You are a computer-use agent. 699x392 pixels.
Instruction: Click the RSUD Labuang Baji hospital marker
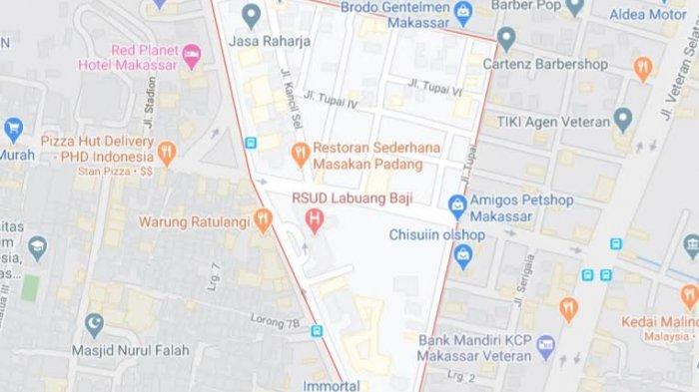316,218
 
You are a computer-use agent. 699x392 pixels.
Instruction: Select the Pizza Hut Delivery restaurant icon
167,153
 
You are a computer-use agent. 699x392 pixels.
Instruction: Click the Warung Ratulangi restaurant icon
264,219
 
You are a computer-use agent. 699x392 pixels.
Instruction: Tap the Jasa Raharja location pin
252,16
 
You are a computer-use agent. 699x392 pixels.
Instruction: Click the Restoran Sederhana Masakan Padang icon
299,154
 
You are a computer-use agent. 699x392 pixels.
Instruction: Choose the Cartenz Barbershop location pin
506,39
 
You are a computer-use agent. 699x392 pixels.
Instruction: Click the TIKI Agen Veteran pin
624,121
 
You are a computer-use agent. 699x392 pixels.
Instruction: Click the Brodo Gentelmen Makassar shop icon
461,12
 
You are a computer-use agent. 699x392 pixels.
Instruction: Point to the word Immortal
333,384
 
